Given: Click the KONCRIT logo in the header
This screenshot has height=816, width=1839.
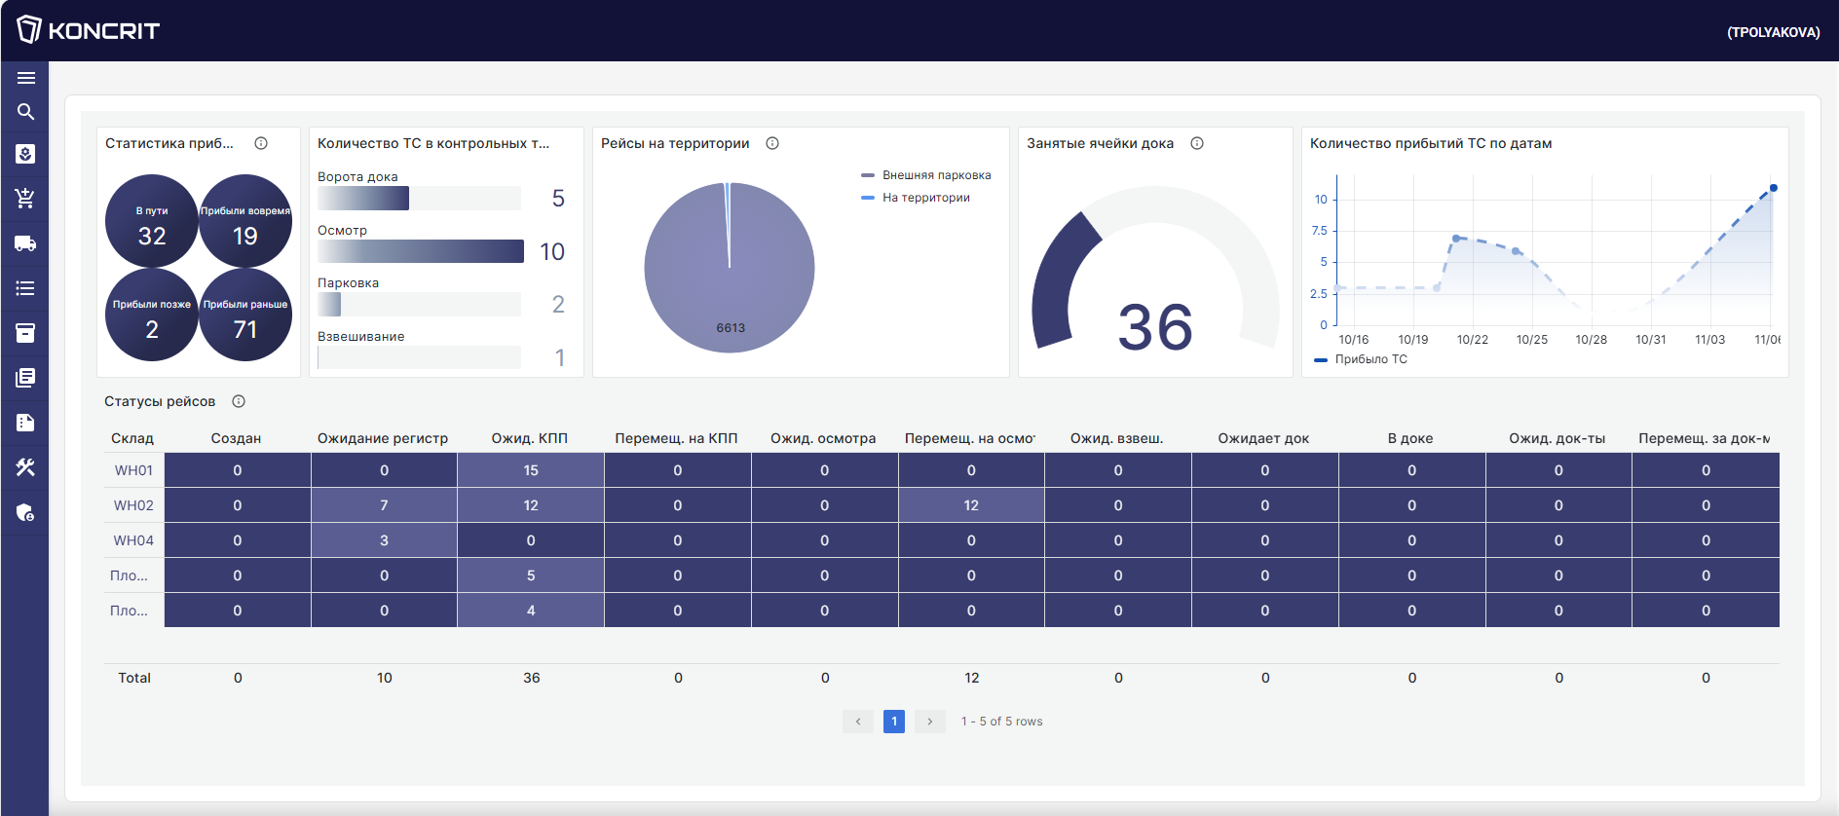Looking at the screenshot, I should coord(88,30).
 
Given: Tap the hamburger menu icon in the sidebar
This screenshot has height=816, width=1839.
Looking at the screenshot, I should coord(26,78).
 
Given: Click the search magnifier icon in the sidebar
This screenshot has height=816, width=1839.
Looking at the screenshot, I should coord(26,112).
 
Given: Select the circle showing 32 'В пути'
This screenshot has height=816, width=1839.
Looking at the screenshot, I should coord(152,222).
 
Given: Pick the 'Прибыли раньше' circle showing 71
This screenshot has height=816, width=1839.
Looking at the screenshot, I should coord(245,315).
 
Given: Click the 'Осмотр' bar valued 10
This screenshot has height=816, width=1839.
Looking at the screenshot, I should coord(421,251).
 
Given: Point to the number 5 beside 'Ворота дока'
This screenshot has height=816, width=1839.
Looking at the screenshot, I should coord(558,199).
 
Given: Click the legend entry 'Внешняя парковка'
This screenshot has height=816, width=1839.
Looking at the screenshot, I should coord(936,175).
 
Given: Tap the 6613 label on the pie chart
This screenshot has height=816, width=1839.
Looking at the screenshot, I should coord(731,328).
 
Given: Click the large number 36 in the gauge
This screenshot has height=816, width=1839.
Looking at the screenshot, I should coord(1155,327).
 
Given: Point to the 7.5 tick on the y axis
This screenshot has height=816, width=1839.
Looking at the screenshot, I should coord(1320,231).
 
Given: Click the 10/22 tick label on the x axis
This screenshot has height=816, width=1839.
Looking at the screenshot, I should coord(1473,340).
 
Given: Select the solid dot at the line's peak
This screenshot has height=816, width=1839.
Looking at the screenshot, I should coord(1774,188).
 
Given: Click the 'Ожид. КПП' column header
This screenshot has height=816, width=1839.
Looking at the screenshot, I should coord(529,438).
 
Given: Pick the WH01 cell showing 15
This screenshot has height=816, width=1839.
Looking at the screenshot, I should coord(531,470).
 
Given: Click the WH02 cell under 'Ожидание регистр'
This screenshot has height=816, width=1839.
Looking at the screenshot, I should coord(384,505).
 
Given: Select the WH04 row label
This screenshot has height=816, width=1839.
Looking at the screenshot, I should coord(133,540).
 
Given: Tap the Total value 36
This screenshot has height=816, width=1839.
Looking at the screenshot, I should coord(532,678).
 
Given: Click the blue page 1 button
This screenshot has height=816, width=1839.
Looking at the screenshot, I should coord(894,722).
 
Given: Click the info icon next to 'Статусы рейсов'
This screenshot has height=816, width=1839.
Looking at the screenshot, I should coord(239,401).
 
